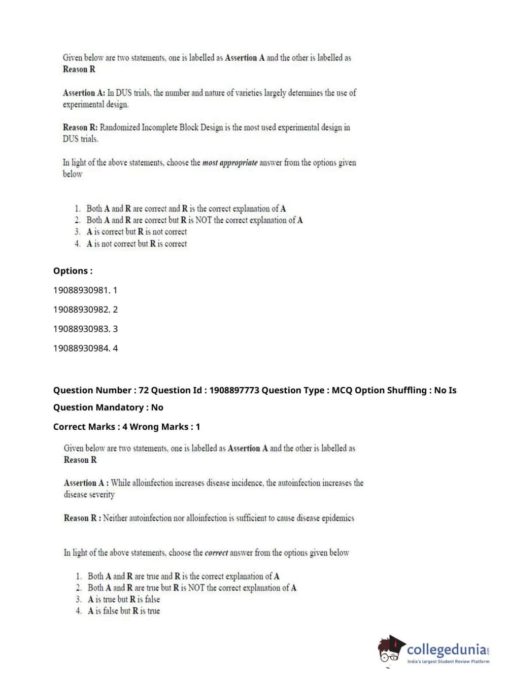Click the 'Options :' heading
point(73,271)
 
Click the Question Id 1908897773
point(234,390)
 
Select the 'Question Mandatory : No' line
point(108,407)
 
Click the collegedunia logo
point(434,651)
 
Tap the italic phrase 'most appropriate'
point(230,163)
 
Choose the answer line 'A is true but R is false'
point(124,599)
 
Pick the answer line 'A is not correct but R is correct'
point(137,244)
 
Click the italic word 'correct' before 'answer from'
point(216,553)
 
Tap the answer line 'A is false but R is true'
point(124,611)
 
